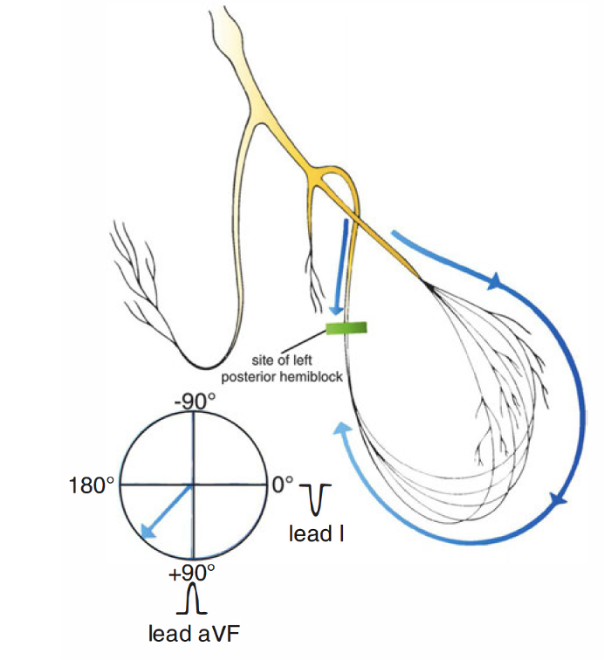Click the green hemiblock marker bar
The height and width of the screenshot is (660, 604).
click(x=347, y=328)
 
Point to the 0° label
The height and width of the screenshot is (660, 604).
click(x=283, y=483)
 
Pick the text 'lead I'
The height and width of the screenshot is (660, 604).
click(x=315, y=532)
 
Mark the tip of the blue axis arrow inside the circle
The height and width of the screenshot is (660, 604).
click(x=142, y=534)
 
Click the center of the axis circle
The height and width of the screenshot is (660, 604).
click(x=192, y=484)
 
